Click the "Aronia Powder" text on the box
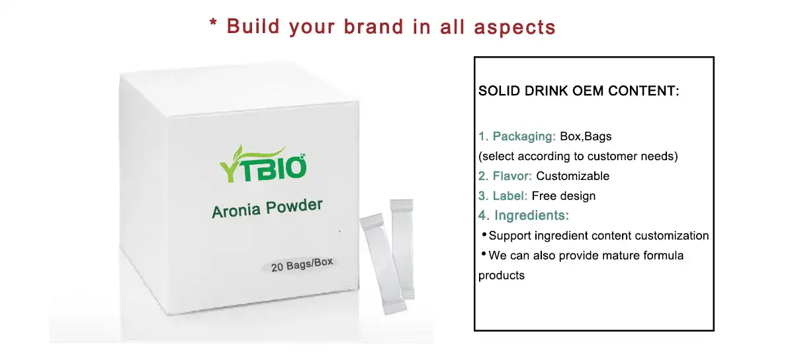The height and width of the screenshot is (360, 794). point(267,208)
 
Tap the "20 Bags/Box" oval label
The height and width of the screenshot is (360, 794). point(302,265)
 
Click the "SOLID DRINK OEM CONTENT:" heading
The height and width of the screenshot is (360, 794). point(579,91)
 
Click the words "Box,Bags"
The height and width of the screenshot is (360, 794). point(586,137)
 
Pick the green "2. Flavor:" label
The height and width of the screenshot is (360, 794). point(506,176)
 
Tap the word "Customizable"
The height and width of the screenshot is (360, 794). point(572,176)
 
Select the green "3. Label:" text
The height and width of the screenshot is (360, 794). point(503,196)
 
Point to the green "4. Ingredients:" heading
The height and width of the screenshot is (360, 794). point(523,216)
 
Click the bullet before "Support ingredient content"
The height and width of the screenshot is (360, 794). point(483,234)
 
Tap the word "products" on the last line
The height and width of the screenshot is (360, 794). point(502,275)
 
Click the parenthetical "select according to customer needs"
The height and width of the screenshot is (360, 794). point(578,157)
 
